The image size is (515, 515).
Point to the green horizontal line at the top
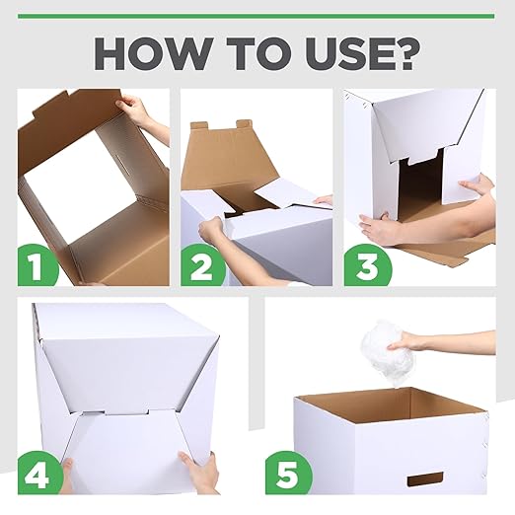click(x=257, y=16)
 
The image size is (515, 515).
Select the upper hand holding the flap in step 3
click(x=478, y=185)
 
